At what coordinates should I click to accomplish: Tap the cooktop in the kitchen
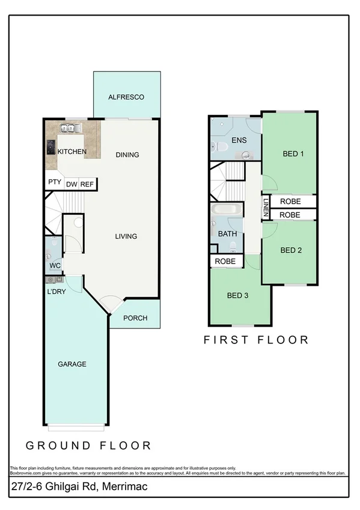(50, 147)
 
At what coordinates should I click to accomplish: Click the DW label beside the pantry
(71, 185)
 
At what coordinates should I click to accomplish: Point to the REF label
(87, 185)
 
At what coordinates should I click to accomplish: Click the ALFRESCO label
(126, 97)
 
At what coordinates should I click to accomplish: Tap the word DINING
(127, 155)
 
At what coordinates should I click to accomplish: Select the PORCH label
(135, 318)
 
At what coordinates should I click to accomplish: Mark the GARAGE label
(72, 364)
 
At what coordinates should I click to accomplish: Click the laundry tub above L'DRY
(51, 278)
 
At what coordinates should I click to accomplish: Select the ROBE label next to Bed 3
(225, 262)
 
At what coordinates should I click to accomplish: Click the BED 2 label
(291, 250)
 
